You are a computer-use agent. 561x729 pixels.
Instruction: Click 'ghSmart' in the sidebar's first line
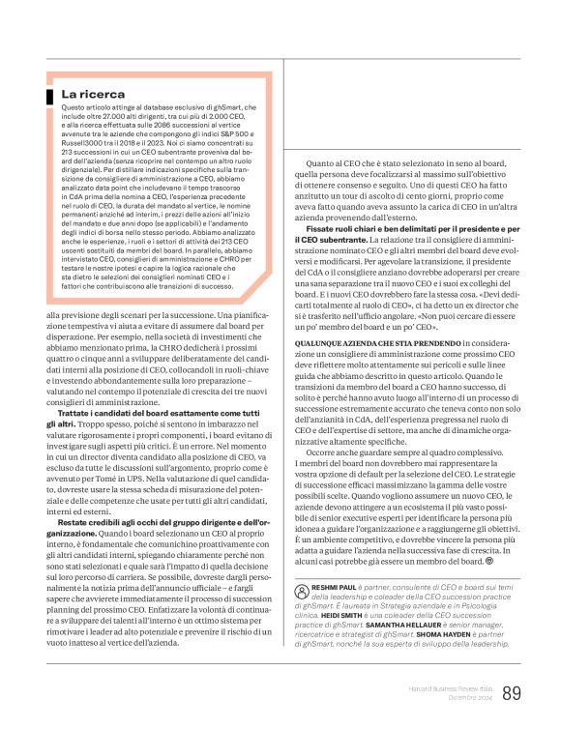(231, 106)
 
